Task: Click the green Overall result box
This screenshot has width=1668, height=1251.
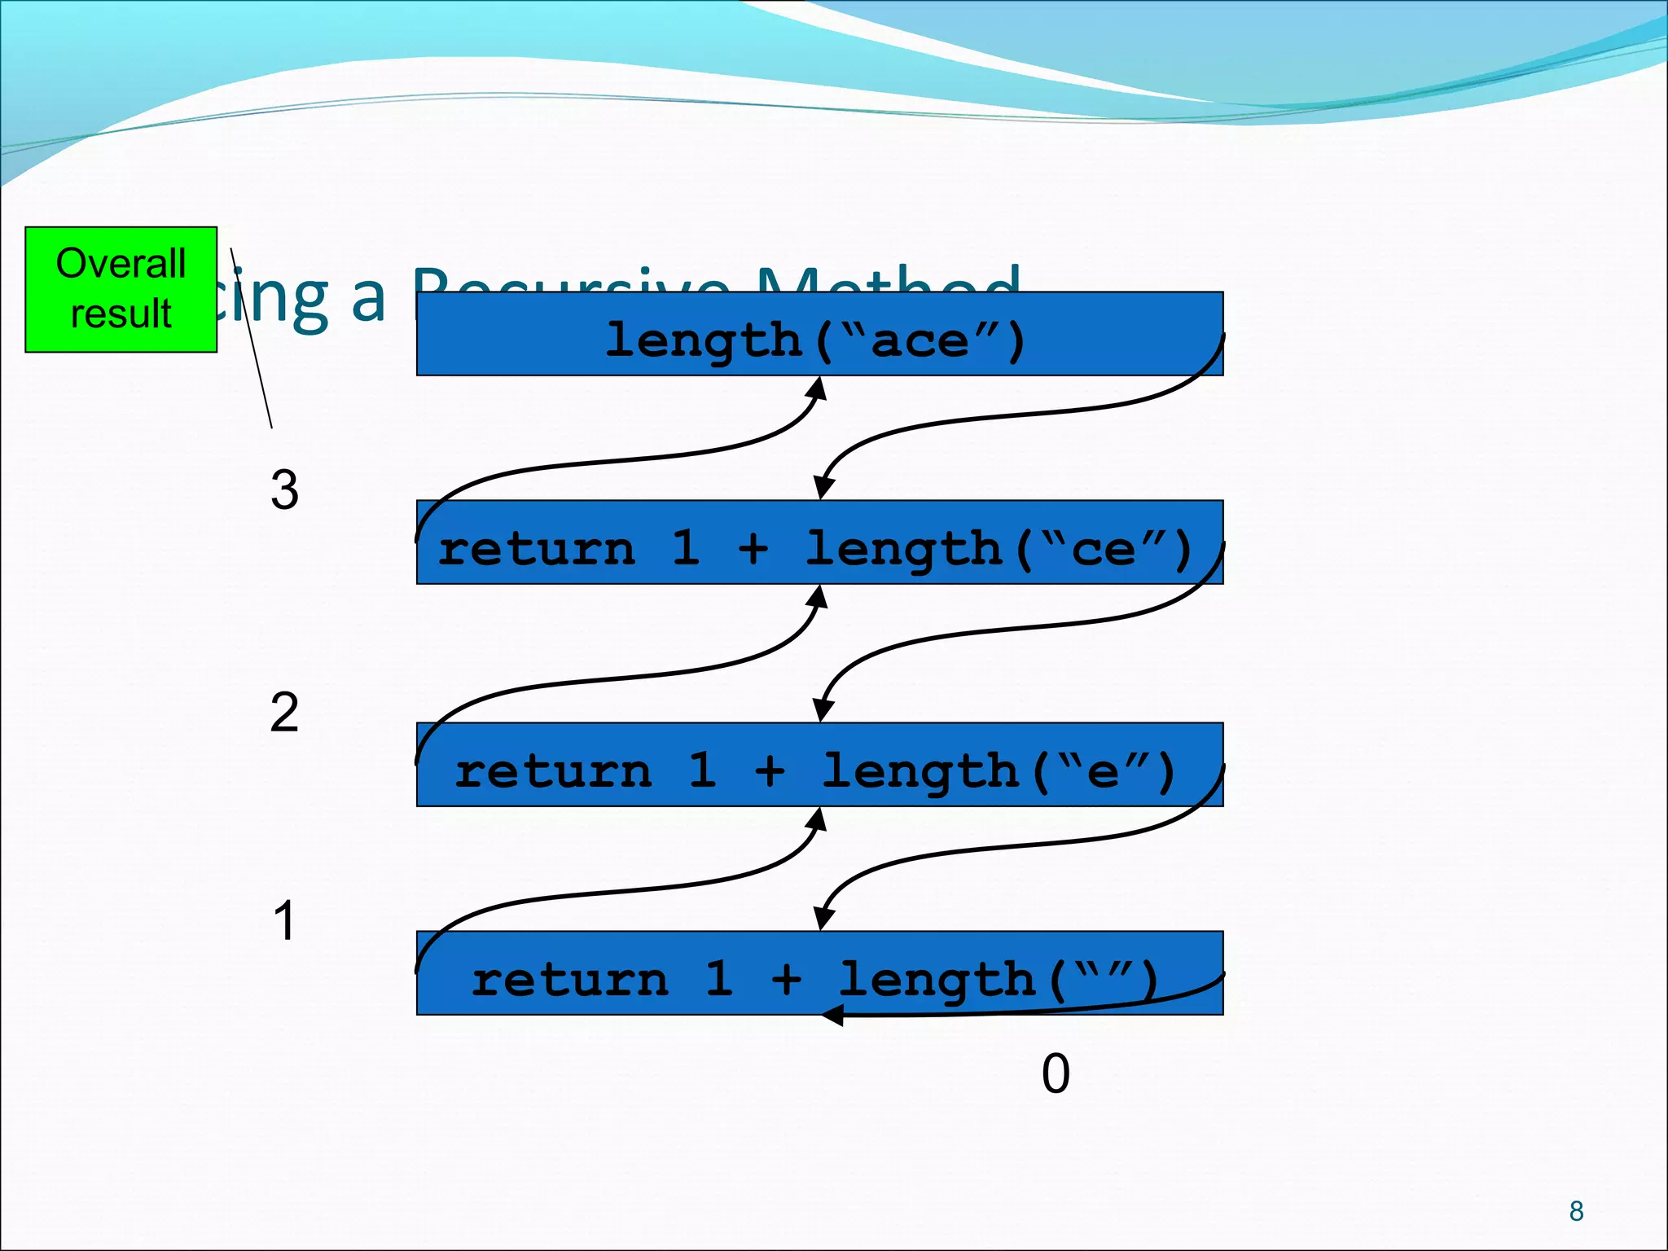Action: coord(121,289)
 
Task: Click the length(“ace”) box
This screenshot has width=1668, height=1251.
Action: coord(819,333)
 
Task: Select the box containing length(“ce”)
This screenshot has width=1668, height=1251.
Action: coord(819,542)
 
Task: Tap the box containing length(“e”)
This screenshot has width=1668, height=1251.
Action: coord(819,764)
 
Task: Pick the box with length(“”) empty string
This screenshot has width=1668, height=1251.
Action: coord(819,972)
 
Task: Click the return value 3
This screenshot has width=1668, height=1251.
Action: coord(284,490)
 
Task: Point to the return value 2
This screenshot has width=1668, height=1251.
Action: coord(284,713)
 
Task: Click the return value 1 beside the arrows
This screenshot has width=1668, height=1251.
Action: coord(284,921)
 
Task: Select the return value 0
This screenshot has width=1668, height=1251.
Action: coord(1056,1073)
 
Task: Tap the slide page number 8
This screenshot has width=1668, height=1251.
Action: coord(1576,1211)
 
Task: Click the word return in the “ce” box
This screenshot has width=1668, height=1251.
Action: coord(536,549)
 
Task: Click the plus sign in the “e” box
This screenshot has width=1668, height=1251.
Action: coord(769,770)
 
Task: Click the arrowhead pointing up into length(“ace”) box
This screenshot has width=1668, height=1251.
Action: coord(819,388)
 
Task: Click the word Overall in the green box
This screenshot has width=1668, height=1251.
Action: coord(121,264)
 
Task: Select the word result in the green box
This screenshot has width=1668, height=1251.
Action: coord(121,314)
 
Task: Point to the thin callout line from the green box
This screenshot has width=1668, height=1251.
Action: coord(252,342)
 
